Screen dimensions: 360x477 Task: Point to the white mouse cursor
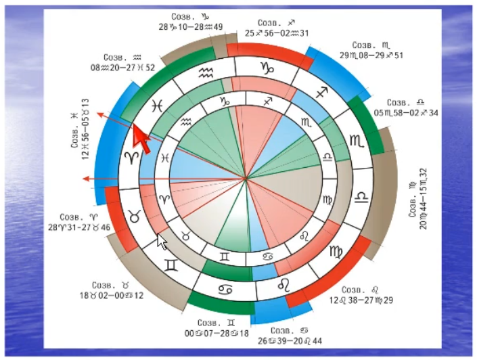161,242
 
